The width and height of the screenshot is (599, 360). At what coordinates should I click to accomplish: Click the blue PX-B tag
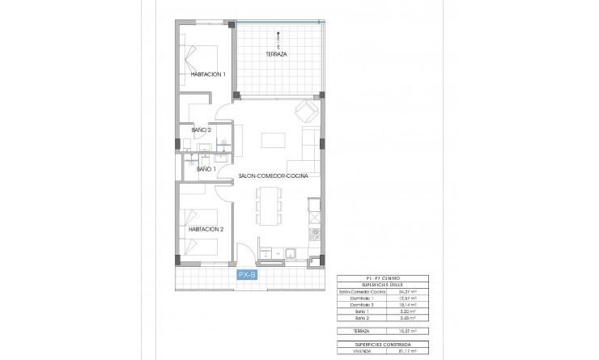click(x=248, y=276)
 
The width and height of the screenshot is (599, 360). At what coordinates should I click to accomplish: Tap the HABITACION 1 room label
click(x=208, y=74)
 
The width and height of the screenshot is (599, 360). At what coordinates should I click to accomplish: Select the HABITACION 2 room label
click(x=206, y=229)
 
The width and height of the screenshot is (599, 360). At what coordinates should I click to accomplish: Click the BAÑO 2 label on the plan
click(x=202, y=129)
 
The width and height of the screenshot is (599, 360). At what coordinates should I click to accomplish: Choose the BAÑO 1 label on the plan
click(x=206, y=169)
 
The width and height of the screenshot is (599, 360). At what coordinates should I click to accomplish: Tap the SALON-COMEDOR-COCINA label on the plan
click(x=273, y=175)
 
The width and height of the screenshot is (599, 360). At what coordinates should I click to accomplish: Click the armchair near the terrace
click(x=307, y=111)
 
